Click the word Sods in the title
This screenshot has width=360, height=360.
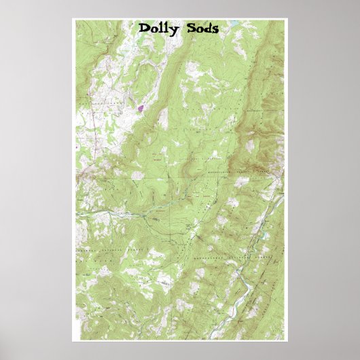pos(200,29)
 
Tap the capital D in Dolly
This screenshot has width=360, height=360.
pos(145,29)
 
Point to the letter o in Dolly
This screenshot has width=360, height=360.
pos(154,30)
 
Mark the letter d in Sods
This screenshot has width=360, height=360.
pos(206,29)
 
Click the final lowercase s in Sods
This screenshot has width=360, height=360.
pos(214,30)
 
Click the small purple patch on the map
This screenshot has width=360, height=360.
pos(141,107)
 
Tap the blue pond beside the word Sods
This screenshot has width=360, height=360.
pos(234,24)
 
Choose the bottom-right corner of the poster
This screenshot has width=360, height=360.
pos(286,340)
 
